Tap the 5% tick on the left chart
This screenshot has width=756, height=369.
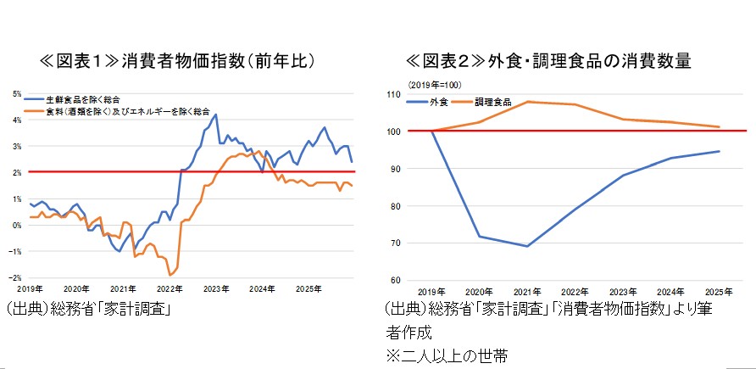(x=17, y=93)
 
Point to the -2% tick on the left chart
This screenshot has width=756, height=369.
(x=16, y=277)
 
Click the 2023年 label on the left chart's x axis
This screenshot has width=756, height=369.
(x=217, y=288)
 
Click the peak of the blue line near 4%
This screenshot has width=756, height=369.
(x=216, y=115)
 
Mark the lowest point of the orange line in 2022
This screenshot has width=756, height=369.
(x=170, y=275)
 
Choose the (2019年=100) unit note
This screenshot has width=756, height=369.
(x=433, y=85)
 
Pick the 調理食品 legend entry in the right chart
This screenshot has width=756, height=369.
(x=492, y=102)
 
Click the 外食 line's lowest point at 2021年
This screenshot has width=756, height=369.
(x=527, y=246)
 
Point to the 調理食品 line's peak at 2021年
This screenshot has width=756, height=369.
(x=527, y=102)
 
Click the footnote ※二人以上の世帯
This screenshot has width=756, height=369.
(x=447, y=355)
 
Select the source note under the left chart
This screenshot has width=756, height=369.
(x=88, y=310)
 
